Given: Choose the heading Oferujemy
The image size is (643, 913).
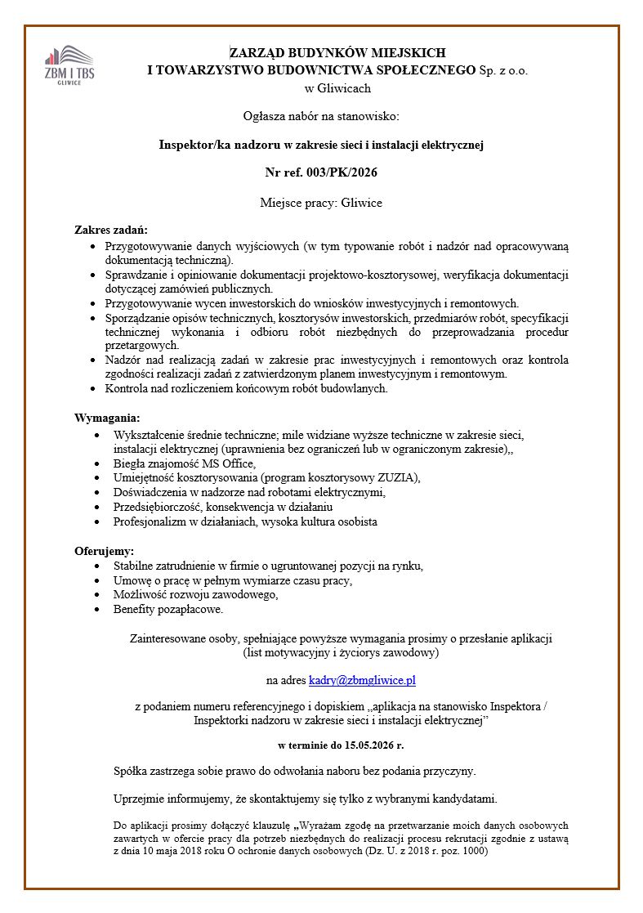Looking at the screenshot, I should point(104,550).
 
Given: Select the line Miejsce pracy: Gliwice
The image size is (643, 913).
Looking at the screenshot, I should point(321,202).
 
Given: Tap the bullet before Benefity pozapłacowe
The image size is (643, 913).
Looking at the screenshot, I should point(99,609).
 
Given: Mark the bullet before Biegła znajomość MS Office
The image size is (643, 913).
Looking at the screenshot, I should point(99,463).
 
